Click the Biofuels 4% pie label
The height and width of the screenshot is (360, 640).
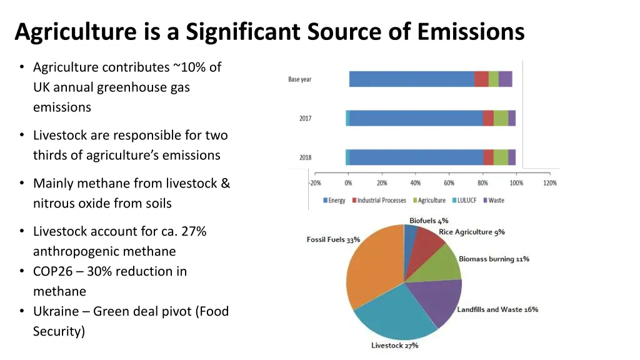pyautogui.click(x=429, y=221)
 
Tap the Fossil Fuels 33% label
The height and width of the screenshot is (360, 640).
pyautogui.click(x=333, y=240)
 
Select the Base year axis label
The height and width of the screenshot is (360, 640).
pyautogui.click(x=300, y=79)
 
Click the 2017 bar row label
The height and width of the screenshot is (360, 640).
pyautogui.click(x=305, y=119)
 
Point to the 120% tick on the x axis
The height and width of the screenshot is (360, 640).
pyautogui.click(x=550, y=183)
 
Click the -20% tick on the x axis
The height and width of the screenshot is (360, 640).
pyautogui.click(x=315, y=183)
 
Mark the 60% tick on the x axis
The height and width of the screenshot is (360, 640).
pyautogui.click(x=449, y=183)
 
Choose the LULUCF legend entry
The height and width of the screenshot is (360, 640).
pyautogui.click(x=466, y=201)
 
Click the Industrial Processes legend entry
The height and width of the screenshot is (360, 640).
pyautogui.click(x=381, y=201)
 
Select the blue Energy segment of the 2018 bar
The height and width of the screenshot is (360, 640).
pyautogui.click(x=416, y=157)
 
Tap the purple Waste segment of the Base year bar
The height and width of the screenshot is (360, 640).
pyautogui.click(x=505, y=79)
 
